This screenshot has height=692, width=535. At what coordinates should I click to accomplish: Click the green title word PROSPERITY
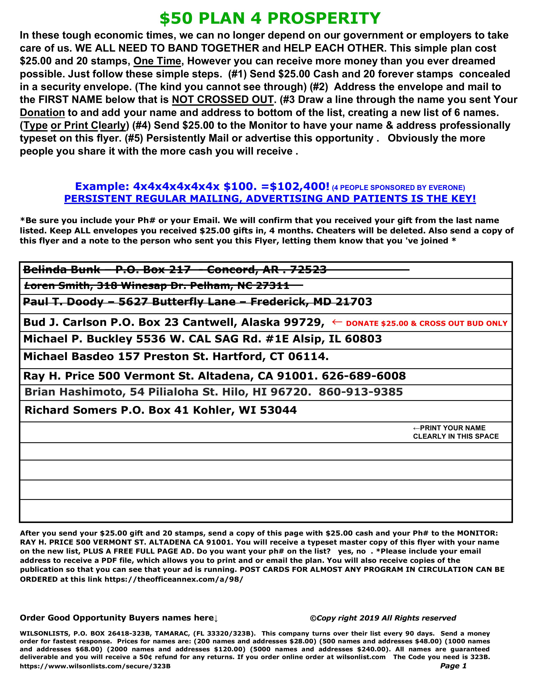(324, 18)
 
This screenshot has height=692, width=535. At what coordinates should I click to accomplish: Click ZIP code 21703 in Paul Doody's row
(354, 302)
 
